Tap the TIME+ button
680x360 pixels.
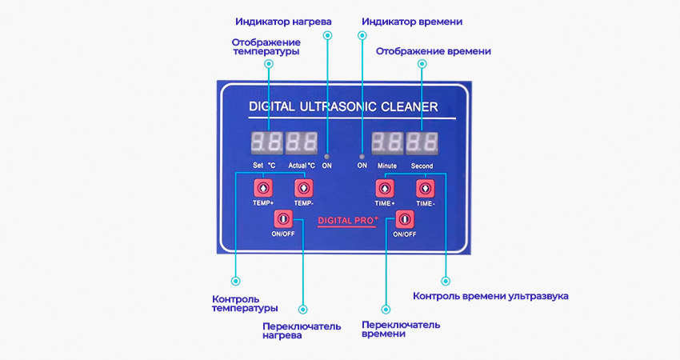(385, 189)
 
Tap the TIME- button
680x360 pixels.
(425, 189)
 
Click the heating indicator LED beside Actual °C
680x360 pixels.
(326, 155)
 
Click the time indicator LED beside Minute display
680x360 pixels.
(362, 155)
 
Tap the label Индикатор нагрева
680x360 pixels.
(283, 21)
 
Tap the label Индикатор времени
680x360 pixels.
(412, 21)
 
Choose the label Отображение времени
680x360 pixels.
(433, 51)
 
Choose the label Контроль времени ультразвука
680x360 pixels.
(490, 296)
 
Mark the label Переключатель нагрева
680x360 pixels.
(302, 331)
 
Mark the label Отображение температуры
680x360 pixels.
(266, 46)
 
